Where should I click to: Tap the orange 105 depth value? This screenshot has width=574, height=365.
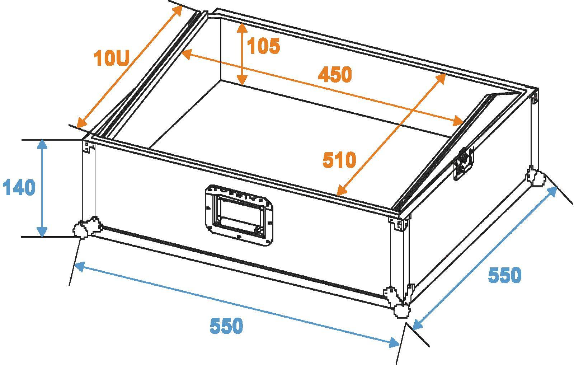tap(263, 46)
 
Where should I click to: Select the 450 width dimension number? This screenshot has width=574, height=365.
tap(335, 75)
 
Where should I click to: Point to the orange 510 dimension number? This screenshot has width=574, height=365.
tap(339, 160)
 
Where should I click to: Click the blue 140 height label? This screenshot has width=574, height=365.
tap(19, 188)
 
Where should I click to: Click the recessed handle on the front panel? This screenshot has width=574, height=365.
tap(238, 215)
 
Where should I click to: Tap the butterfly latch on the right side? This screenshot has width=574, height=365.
tap(464, 163)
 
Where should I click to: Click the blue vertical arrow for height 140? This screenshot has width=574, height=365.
tap(42, 188)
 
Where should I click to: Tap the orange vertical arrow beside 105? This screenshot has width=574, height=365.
tap(243, 54)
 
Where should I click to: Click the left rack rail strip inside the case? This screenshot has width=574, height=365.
tap(151, 75)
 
